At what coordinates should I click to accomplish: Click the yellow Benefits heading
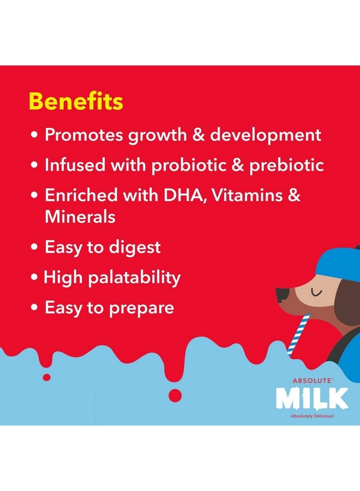point(76,102)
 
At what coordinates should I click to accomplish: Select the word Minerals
point(80,217)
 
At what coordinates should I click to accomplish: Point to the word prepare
point(141,308)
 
